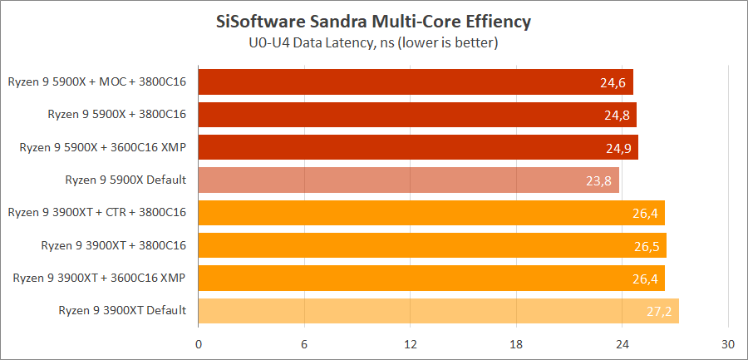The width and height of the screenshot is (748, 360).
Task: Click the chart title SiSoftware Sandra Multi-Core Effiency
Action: (x=373, y=21)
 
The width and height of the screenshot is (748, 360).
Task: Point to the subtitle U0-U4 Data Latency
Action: (x=373, y=42)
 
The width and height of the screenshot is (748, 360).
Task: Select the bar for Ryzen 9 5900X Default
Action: (x=408, y=180)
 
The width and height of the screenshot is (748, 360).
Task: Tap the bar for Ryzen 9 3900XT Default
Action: (x=438, y=311)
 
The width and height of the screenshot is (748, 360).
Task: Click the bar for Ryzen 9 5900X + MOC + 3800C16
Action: (x=416, y=82)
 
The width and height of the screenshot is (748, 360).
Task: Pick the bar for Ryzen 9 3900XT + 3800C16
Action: (x=432, y=245)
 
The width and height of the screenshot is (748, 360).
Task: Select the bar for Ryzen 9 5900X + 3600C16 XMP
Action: (x=418, y=147)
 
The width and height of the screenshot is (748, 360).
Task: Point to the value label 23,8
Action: (x=599, y=180)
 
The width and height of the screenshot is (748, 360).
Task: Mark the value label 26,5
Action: (x=646, y=246)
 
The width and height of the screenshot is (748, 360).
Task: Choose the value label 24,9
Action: (x=618, y=148)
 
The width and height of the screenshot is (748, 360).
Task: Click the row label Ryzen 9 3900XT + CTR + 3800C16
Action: (x=96, y=213)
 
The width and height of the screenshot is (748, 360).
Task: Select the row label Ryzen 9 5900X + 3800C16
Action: (x=116, y=115)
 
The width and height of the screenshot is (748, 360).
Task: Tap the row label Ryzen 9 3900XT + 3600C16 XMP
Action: (x=100, y=278)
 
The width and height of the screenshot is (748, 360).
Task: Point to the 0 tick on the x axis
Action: (x=199, y=344)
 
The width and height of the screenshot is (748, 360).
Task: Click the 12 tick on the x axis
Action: (x=410, y=344)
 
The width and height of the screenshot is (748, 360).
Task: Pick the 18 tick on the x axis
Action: (x=516, y=344)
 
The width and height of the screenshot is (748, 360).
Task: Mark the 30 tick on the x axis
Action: (x=728, y=344)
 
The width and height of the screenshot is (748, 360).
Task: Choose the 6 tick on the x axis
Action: (x=304, y=344)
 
